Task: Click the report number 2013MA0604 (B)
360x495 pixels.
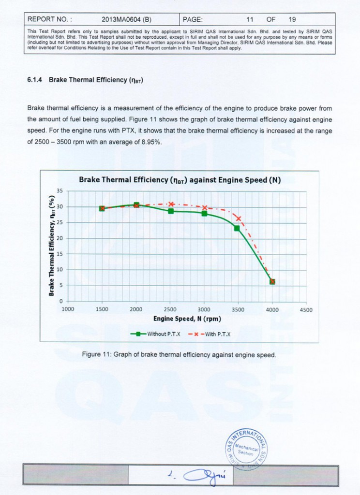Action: pos(127,20)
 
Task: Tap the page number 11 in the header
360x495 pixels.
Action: pos(250,20)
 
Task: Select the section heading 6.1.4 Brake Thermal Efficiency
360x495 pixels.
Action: pos(85,80)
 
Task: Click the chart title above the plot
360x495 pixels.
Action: pos(180,180)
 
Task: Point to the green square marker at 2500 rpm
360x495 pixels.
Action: pos(171,211)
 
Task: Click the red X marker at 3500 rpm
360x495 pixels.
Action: pos(238,218)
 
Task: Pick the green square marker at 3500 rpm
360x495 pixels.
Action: pos(237,228)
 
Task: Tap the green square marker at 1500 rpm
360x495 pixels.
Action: pos(102,208)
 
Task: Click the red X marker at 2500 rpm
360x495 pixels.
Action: pos(171,204)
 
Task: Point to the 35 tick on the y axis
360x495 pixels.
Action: pos(60,191)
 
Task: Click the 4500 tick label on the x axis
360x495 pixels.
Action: pos(306,310)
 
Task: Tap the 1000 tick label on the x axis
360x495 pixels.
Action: pos(68,310)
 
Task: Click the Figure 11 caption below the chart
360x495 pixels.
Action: pos(179,355)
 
